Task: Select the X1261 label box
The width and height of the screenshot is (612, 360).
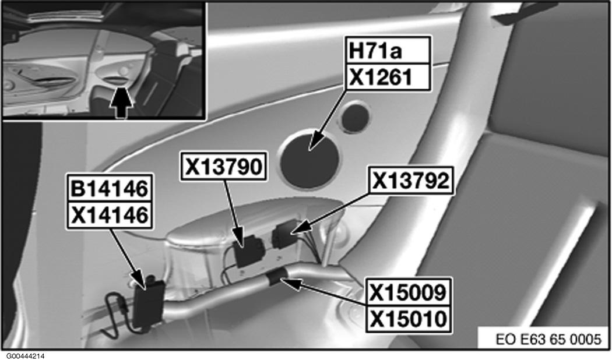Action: click(x=388, y=77)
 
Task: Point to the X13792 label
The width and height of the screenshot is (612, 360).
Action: click(x=411, y=182)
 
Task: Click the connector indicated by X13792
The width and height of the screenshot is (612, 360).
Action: click(x=284, y=236)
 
